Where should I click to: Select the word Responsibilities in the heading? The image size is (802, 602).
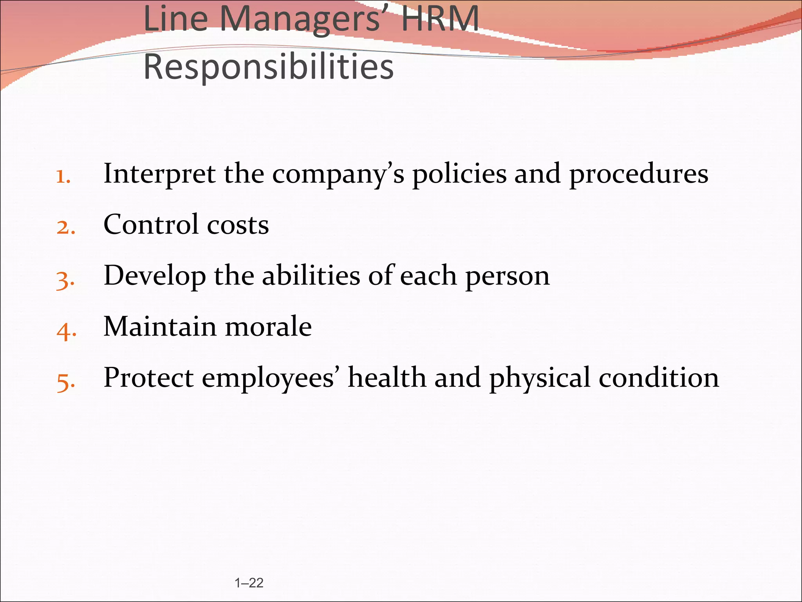coord(269,67)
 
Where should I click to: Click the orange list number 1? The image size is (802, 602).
coord(63,177)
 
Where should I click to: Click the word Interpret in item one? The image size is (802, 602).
coord(159,174)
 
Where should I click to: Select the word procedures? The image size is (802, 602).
coord(638,174)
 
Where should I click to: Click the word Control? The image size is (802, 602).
coord(151,225)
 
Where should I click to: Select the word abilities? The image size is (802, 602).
coord(311,276)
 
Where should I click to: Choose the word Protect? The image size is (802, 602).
coord(148,378)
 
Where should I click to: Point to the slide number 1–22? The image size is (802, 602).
coord(249,583)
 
